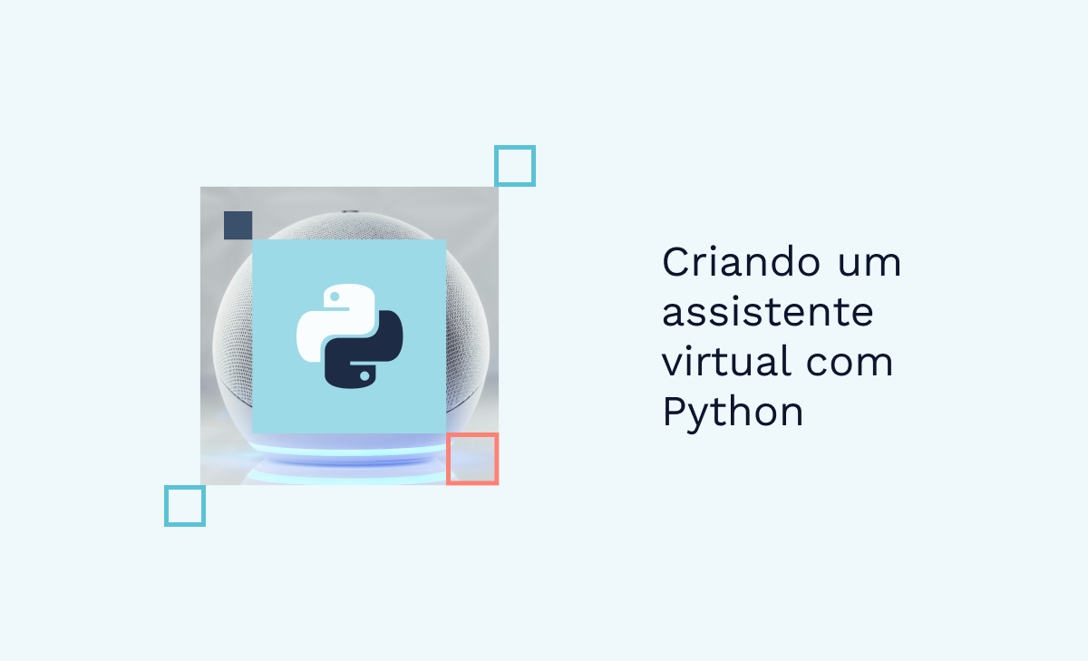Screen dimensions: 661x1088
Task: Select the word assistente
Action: coord(767,313)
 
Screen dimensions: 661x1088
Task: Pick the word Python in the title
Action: coord(733,413)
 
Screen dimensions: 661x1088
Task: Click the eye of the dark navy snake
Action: coord(364,374)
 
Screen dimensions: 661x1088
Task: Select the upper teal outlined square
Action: coord(514,166)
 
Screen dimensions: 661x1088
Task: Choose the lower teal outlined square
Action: coord(184,505)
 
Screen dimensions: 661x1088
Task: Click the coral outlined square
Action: coord(471,459)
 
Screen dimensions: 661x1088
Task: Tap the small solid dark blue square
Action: coord(238,225)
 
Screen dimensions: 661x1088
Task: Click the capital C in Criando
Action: coord(677,263)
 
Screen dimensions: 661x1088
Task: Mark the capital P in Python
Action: coord(675,413)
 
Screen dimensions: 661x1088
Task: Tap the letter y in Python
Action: coord(702,417)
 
